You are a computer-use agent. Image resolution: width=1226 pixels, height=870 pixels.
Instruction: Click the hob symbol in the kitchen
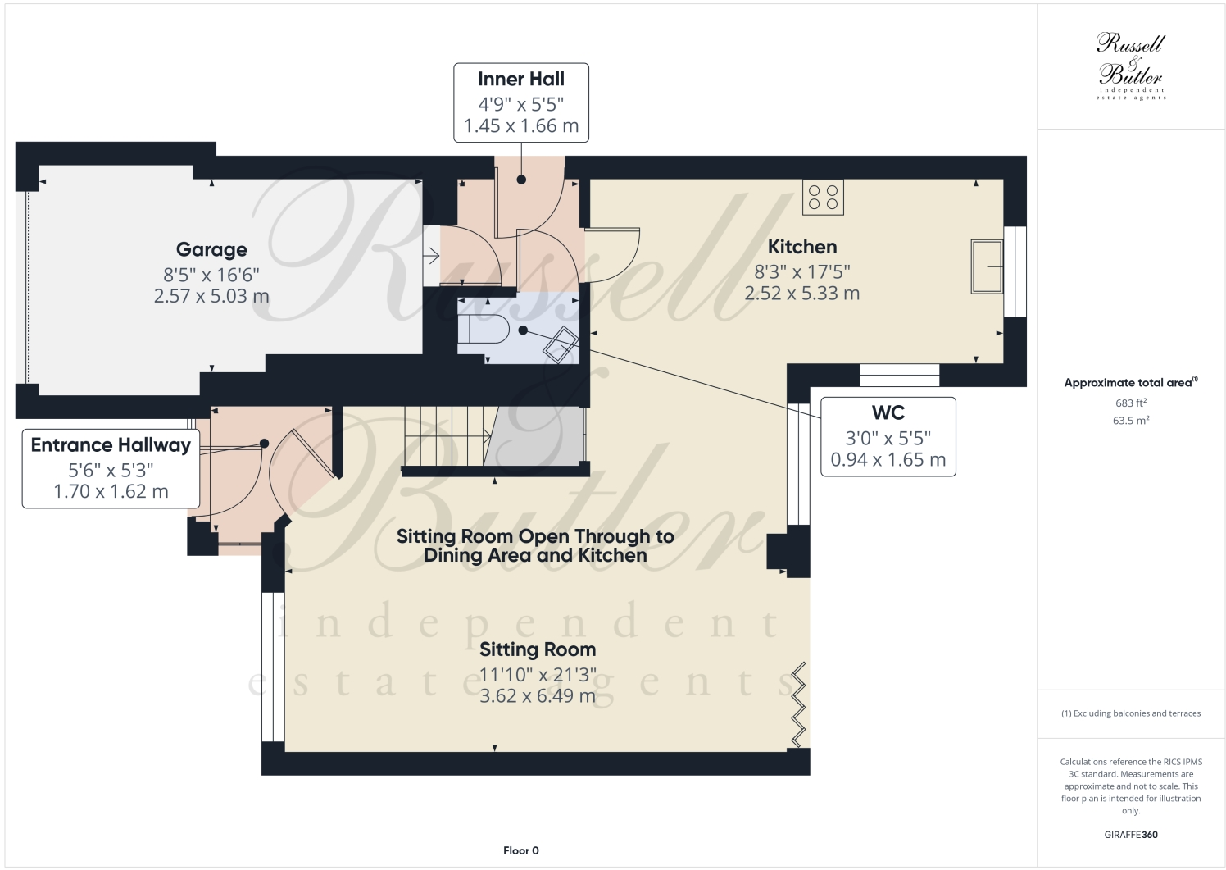[823, 197]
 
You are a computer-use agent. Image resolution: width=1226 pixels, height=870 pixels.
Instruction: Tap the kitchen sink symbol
[987, 266]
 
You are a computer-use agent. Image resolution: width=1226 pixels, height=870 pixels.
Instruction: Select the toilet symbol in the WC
[484, 330]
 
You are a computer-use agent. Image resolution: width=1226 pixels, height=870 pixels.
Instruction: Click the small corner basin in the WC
[562, 344]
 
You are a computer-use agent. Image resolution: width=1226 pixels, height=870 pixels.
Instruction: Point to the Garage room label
[211, 250]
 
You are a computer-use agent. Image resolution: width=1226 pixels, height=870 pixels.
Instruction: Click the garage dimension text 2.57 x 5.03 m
[211, 296]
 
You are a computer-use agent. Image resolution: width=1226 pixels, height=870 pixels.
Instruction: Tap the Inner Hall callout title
[521, 80]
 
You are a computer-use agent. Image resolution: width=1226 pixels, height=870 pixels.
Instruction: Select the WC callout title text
[888, 412]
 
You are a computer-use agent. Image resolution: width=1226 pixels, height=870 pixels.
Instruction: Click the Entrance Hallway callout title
[111, 445]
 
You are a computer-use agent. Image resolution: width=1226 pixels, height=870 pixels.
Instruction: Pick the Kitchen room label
[802, 247]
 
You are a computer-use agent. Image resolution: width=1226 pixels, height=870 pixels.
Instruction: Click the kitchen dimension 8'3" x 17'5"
[802, 271]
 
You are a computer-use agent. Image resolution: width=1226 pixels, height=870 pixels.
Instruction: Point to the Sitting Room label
[538, 649]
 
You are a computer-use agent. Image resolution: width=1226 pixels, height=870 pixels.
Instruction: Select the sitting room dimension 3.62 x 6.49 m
[538, 696]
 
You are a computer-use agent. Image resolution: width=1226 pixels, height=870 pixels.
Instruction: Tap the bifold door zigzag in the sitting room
[798, 705]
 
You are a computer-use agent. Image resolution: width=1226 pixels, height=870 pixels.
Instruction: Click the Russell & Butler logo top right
[1131, 66]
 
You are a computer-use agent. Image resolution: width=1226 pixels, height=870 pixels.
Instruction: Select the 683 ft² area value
[1131, 403]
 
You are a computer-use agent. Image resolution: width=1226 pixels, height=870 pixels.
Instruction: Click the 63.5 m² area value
[1131, 421]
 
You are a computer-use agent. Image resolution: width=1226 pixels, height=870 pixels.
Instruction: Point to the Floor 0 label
[521, 850]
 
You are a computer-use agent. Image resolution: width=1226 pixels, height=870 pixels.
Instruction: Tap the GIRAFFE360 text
[1131, 835]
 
